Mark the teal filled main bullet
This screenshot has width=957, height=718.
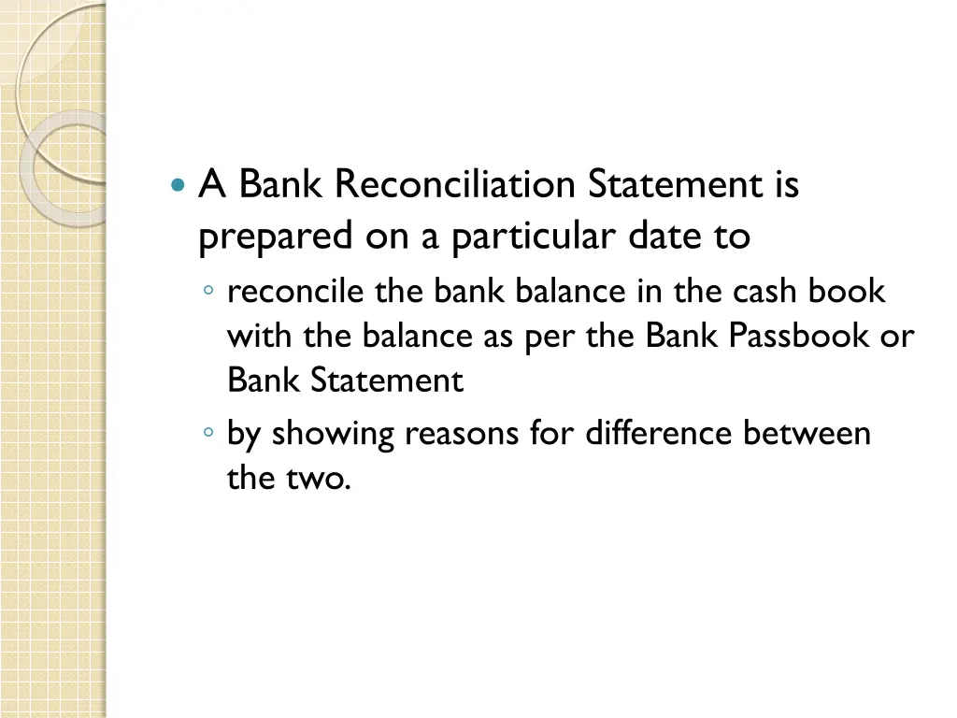click(x=179, y=185)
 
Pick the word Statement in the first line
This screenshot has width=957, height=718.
click(x=675, y=184)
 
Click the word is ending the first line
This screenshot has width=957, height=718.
click(x=786, y=184)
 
